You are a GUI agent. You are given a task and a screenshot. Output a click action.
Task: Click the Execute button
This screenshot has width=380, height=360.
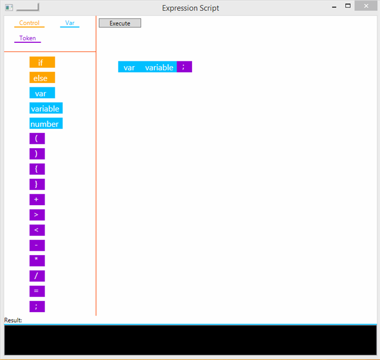tap(120, 23)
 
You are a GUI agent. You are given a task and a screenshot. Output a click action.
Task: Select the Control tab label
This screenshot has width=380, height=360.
tap(29, 23)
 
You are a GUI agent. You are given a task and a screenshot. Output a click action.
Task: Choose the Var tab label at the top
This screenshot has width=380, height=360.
tap(70, 23)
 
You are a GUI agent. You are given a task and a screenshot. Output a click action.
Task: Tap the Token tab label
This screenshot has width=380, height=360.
tap(27, 38)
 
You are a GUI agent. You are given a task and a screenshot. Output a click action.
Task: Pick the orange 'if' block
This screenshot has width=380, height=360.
tap(42, 62)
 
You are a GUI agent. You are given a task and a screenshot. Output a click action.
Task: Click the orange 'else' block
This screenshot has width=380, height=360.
tap(42, 78)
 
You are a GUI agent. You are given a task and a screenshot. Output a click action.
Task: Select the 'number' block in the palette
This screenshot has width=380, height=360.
tap(46, 123)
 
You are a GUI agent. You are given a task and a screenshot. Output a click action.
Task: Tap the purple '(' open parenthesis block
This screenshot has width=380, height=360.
tap(37, 138)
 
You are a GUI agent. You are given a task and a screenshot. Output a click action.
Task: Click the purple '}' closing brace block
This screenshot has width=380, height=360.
tap(37, 185)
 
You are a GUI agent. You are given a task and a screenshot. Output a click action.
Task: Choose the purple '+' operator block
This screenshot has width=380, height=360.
tap(37, 200)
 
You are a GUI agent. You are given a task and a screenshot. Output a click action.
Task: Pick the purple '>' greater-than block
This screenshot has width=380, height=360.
tap(37, 215)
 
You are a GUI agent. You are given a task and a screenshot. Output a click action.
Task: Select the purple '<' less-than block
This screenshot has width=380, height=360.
tap(37, 230)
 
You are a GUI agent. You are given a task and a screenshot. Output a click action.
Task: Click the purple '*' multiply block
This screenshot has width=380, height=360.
tap(37, 261)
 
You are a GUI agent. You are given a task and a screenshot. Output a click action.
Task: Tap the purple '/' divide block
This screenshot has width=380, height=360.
tap(37, 276)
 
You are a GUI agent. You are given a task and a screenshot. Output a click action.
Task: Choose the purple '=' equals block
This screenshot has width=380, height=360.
tap(37, 292)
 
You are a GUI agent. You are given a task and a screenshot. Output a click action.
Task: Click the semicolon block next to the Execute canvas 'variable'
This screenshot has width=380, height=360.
tap(185, 67)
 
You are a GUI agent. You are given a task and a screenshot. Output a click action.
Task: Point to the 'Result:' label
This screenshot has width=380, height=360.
tap(13, 320)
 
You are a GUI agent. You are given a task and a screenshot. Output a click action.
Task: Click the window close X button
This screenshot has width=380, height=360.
tap(366, 6)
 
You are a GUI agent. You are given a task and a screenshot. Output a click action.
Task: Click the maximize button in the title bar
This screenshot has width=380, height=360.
tap(348, 5)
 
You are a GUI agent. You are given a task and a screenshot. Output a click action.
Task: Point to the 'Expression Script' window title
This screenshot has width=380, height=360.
tap(191, 8)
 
